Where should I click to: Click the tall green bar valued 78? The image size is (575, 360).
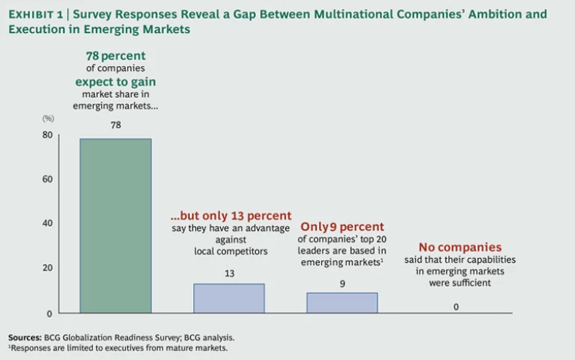tap(115, 225)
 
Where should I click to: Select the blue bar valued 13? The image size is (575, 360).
tap(229, 298)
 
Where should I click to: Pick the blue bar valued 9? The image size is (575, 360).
tap(342, 302)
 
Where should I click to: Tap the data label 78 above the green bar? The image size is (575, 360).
tap(115, 125)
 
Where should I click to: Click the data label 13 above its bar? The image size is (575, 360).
tap(229, 273)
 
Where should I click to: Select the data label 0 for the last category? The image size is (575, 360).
tap(456, 306)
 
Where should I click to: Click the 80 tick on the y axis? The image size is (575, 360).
tap(47, 135)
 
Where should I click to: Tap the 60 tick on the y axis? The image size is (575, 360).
tap(47, 179)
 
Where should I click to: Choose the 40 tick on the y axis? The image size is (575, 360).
tap(47, 223)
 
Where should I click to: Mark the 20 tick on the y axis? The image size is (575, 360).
tap(47, 268)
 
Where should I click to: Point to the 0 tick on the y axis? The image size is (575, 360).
tap(49, 312)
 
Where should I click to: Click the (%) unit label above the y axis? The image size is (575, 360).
tap(48, 119)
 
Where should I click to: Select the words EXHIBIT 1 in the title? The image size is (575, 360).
tap(35, 14)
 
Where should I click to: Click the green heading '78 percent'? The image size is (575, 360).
tap(115, 55)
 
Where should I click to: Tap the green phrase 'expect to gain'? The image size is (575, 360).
tap(115, 82)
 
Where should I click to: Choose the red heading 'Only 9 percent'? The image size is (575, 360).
tap(342, 226)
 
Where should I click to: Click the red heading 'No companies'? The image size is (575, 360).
tap(460, 247)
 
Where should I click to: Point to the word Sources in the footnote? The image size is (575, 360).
tap(25, 337)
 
